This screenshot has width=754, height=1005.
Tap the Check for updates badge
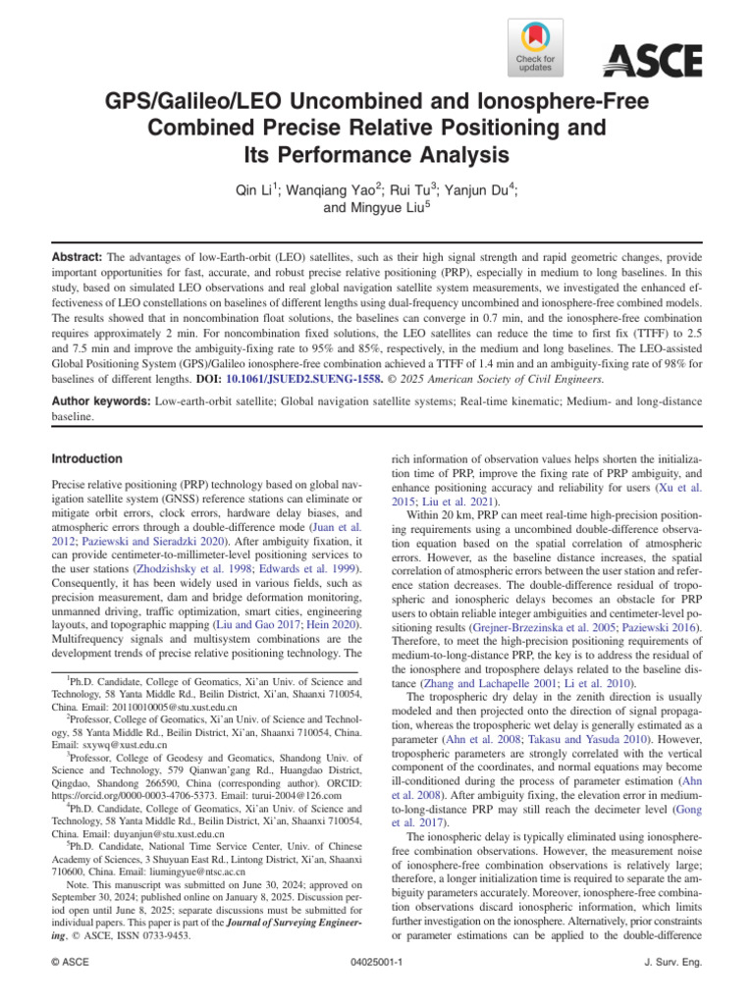[535, 49]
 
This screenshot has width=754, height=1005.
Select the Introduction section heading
[86, 458]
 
